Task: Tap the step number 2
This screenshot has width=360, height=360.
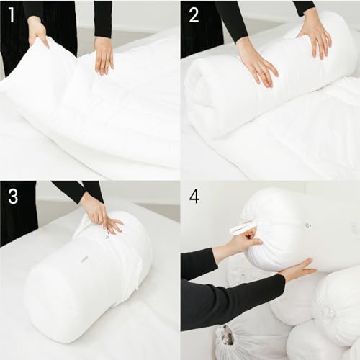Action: coord(194,14)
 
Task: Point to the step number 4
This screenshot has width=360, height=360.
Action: coord(194,196)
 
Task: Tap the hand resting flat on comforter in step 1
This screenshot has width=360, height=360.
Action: coord(104,55)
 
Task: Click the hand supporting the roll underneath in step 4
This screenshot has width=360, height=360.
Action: coord(295,271)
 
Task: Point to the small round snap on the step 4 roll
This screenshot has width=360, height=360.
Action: coord(307,225)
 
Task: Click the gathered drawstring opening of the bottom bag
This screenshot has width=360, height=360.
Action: coord(227,334)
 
